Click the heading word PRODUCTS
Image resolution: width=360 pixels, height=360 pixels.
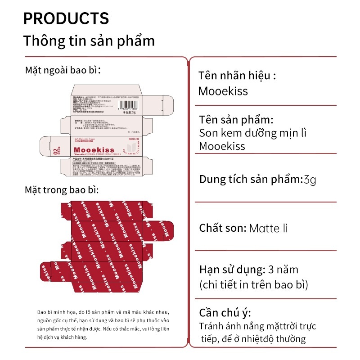click(66, 18)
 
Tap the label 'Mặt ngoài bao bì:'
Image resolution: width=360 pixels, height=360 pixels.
click(63, 71)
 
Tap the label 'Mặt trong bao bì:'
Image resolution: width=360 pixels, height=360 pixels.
click(62, 190)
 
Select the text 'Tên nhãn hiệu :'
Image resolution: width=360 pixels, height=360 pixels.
click(237, 75)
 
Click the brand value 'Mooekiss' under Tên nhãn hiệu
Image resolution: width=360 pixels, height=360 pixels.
click(223, 91)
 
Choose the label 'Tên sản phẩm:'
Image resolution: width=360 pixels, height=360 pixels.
click(236, 121)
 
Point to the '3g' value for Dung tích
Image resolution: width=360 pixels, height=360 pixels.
click(310, 180)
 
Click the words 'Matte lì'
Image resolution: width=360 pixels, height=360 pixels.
click(268, 228)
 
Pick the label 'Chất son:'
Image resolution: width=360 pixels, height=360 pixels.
click(222, 228)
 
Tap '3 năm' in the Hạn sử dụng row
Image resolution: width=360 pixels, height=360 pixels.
click(283, 270)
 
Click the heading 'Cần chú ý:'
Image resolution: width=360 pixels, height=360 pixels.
click(225, 313)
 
